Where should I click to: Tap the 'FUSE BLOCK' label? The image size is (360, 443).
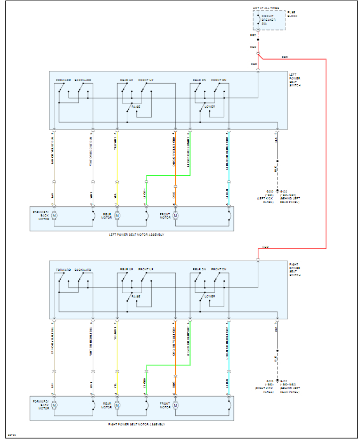[x=292, y=14]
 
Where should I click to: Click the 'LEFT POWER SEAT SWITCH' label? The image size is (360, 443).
[x=294, y=80]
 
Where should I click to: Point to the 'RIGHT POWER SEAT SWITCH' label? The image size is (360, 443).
[x=294, y=270]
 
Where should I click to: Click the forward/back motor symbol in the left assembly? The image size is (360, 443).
[x=54, y=215]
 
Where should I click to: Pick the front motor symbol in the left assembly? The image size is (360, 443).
[x=175, y=215]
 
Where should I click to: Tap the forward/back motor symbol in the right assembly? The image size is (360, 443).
[x=54, y=405]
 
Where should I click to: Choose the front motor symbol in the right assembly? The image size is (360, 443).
[x=175, y=405]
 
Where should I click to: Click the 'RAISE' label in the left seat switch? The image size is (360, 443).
[x=136, y=107]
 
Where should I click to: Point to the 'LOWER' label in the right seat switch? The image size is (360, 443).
[x=210, y=296]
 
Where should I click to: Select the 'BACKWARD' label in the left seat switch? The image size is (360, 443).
[x=83, y=80]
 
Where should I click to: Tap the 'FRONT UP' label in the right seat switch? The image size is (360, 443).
[x=146, y=269]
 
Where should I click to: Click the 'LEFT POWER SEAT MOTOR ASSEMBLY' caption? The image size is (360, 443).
[x=136, y=235]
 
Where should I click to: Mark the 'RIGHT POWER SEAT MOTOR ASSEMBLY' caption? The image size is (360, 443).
[x=136, y=424]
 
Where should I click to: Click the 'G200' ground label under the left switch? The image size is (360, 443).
[x=269, y=191]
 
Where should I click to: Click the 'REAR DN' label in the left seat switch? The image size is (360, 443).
[x=199, y=80]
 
